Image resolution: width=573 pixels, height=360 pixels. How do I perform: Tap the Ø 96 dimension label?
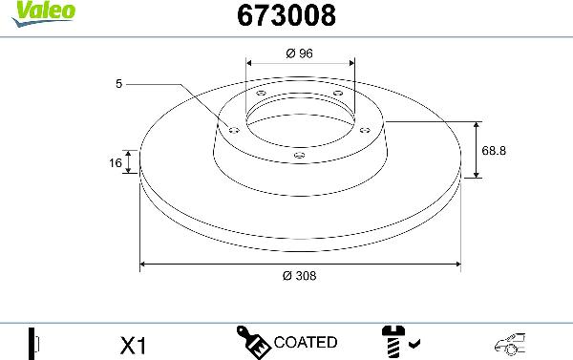tap(300, 53)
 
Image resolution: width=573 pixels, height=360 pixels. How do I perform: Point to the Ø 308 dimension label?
tap(299, 275)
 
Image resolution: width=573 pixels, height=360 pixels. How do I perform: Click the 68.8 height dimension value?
tap(494, 150)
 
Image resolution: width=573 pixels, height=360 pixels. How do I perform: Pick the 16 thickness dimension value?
tap(116, 163)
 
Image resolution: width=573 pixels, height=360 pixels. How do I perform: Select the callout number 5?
tap(119, 85)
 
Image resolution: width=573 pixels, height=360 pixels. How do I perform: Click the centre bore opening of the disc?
tap(300, 119)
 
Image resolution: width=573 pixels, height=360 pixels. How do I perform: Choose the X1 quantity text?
tap(135, 343)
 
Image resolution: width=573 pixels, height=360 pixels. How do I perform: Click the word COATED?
tap(306, 342)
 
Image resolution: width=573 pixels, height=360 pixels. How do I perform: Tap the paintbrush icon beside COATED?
tap(252, 341)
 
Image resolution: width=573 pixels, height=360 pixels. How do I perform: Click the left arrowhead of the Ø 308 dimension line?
tap(144, 263)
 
